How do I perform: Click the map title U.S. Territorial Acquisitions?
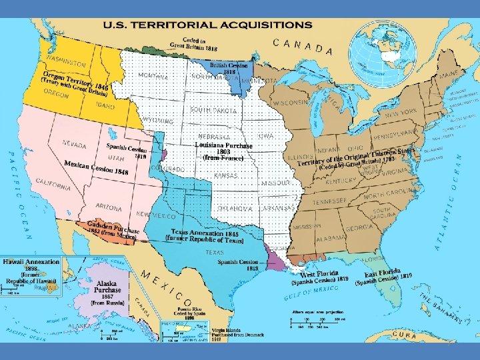coord(207,25)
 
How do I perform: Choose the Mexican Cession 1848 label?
coord(96,168)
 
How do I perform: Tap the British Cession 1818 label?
coord(229,69)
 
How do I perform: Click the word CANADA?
coord(303,47)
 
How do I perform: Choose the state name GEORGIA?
coord(359,228)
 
